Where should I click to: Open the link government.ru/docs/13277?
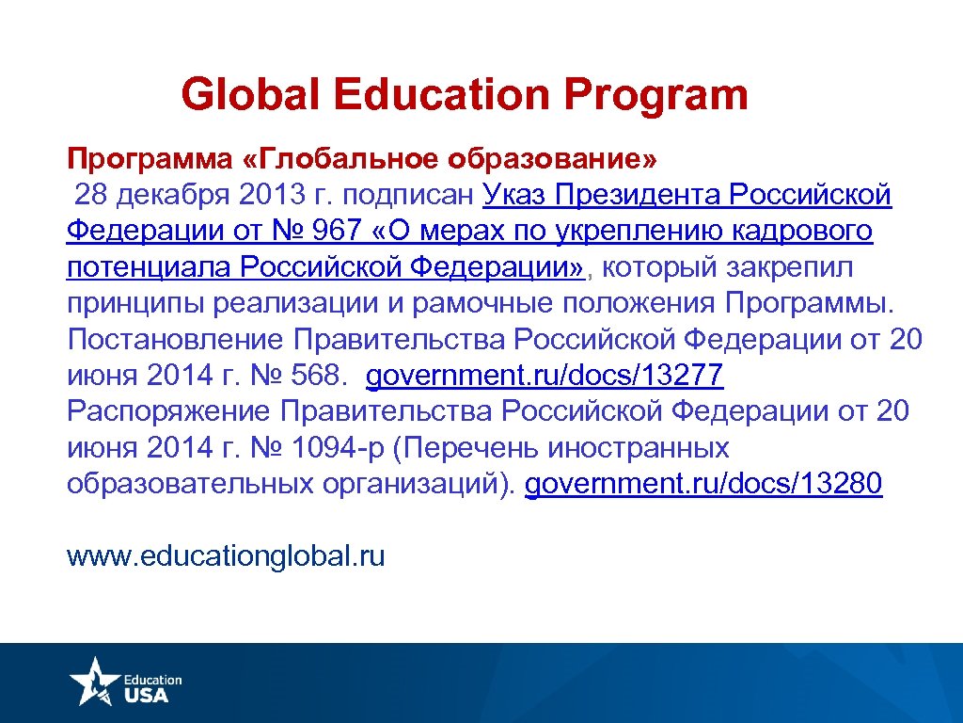tap(545, 376)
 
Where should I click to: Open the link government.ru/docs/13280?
tap(703, 484)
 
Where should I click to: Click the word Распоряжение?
tap(166, 411)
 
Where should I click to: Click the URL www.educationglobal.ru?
tap(226, 555)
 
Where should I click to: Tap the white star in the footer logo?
tap(93, 679)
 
